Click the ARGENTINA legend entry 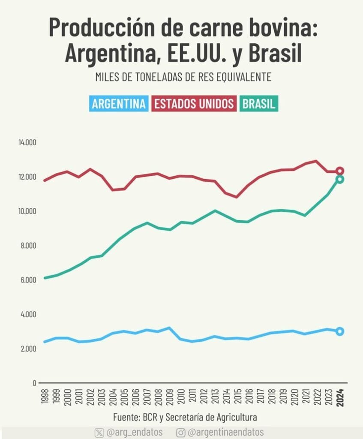[119, 104]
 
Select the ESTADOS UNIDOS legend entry [194, 104]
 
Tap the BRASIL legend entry [258, 104]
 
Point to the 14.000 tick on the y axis [27, 143]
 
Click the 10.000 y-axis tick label [27, 211]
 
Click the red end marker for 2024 [340, 171]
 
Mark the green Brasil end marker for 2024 [340, 179]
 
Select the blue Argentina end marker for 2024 [340, 331]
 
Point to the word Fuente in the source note [128, 417]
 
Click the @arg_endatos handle [134, 432]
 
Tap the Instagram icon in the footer [181, 432]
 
